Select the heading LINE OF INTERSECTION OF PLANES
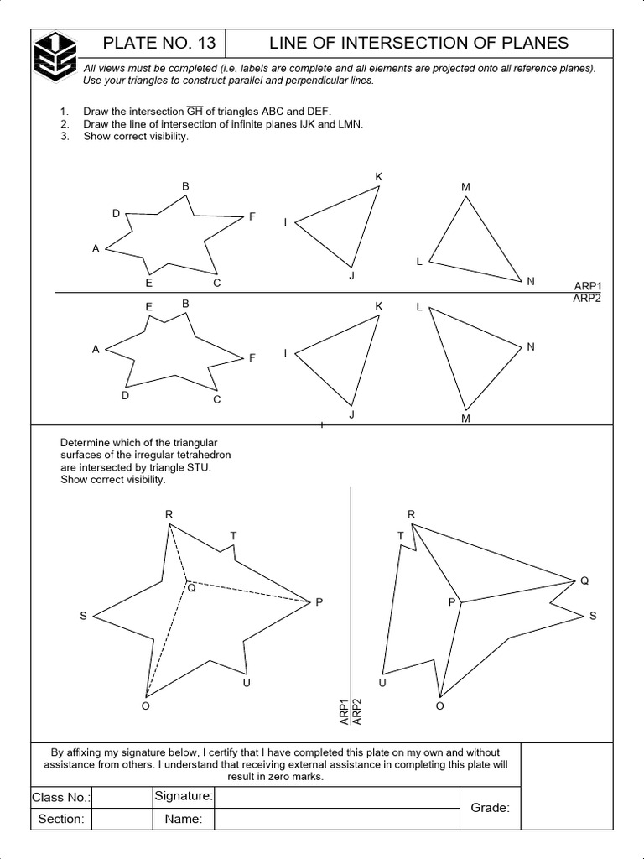point(418,43)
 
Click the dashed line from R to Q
point(179,553)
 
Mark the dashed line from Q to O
point(167,638)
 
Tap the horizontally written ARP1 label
point(587,286)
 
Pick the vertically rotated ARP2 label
point(356,711)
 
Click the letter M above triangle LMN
point(465,187)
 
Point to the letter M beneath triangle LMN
point(466,419)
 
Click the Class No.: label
point(61,797)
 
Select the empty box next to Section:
point(122,819)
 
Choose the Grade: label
point(490,808)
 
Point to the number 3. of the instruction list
point(65,137)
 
